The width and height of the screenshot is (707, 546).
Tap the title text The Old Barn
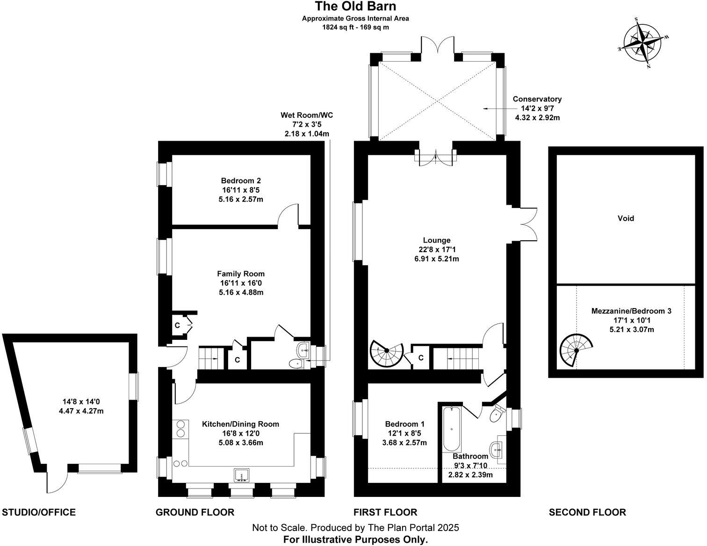tap(356, 6)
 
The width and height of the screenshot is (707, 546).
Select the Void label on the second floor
tap(626, 218)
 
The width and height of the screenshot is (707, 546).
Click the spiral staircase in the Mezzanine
tap(575, 350)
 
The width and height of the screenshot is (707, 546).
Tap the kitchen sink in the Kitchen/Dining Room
tap(241, 474)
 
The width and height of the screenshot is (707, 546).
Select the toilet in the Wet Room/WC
tap(296, 364)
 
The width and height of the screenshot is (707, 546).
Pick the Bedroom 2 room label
tap(241, 180)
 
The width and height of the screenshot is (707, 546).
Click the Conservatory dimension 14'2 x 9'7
tap(537, 108)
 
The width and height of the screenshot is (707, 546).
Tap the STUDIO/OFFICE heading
tap(39, 512)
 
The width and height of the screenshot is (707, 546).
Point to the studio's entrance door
tap(57, 483)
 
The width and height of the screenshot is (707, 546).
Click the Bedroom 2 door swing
tap(288, 214)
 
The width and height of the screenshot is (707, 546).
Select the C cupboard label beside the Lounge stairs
tap(421, 358)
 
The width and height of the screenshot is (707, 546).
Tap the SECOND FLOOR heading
tap(587, 512)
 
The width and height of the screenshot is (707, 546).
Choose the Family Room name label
tap(241, 274)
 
